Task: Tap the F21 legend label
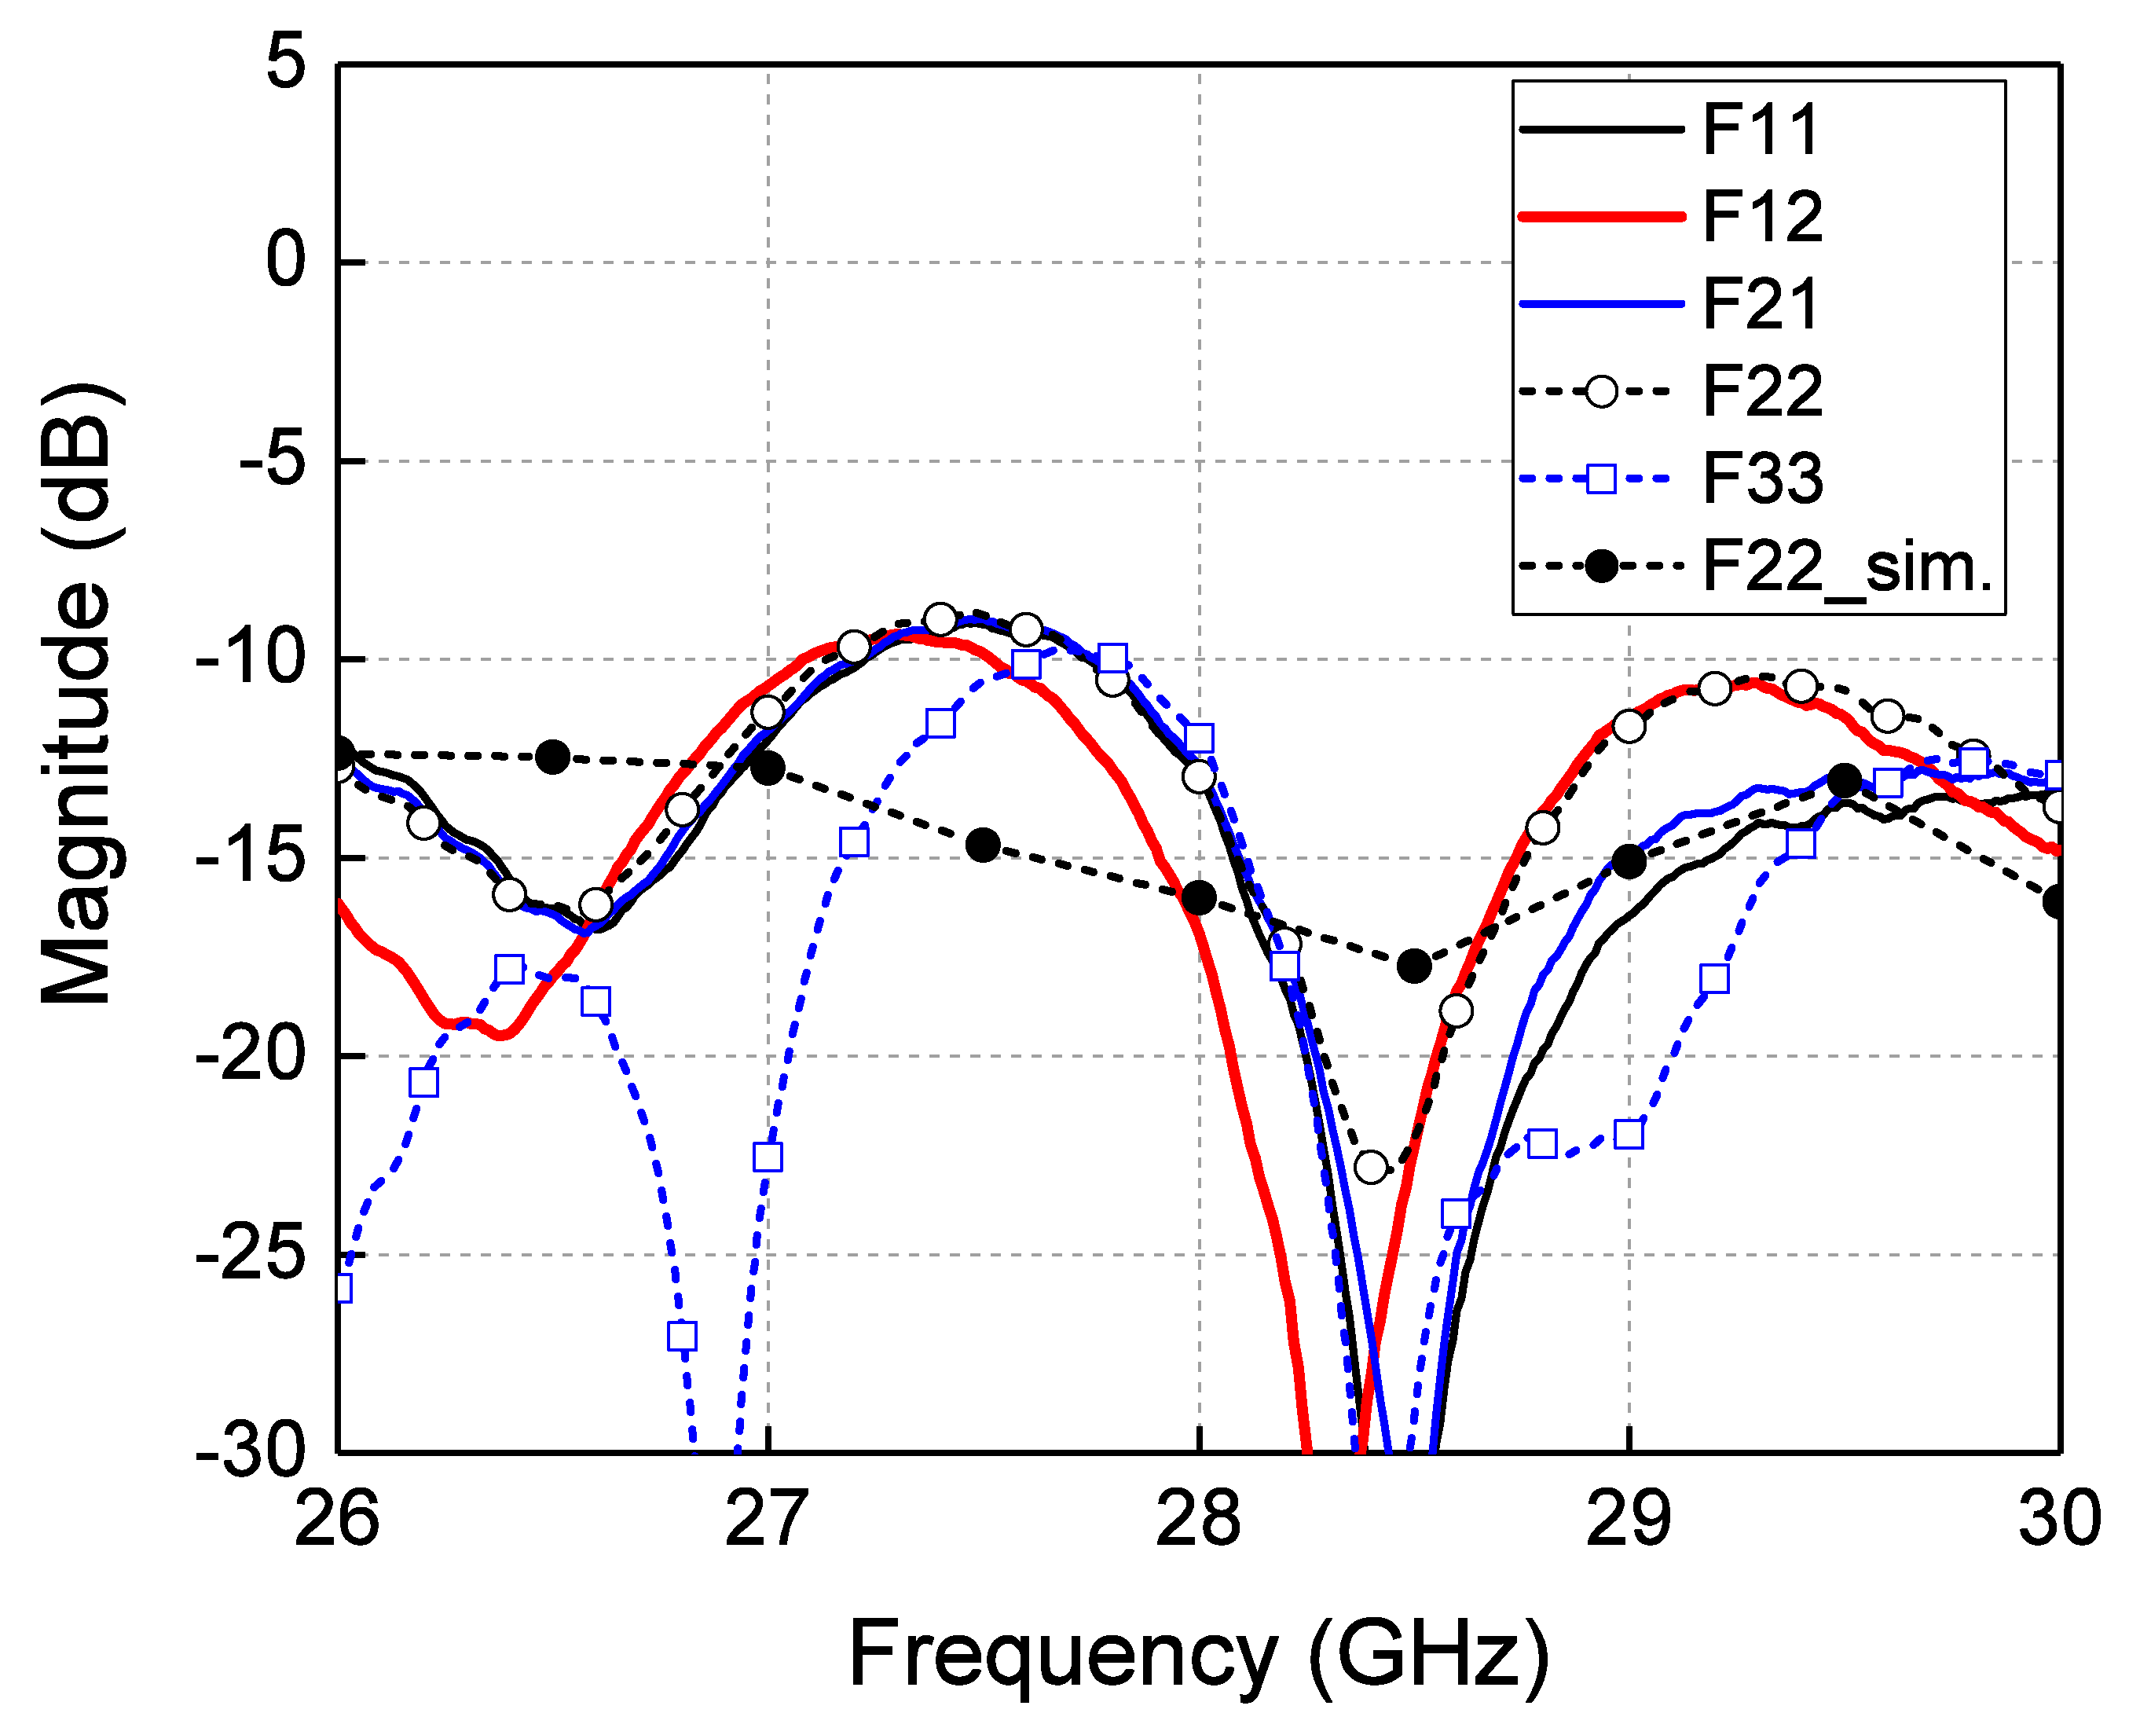1761,304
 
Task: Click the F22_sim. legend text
1847,567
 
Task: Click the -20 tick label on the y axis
250,1055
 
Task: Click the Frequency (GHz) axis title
1198,1655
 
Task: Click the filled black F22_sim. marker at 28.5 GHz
1413,966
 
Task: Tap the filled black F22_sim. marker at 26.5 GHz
552,757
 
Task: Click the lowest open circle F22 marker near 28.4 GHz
1371,1166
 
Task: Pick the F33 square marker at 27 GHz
768,1157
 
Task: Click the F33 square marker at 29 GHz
1629,1133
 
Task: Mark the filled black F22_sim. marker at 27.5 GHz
983,845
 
